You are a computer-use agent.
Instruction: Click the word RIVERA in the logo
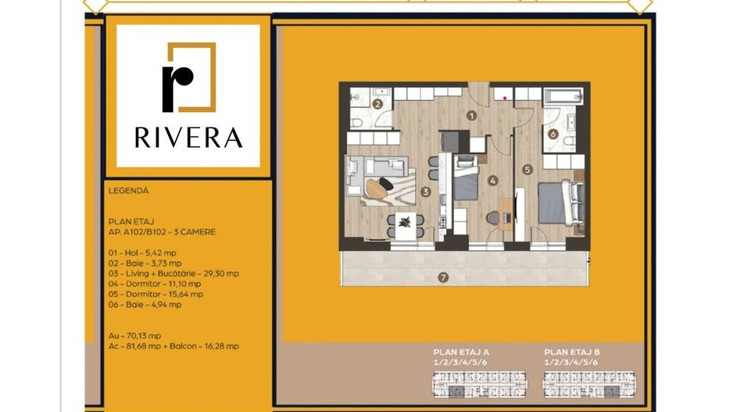[188, 138]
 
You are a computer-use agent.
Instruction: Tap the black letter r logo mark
[177, 84]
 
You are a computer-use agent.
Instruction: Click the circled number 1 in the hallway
[471, 115]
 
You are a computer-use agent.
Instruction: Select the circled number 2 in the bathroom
[377, 104]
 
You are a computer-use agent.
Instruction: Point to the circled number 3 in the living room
[425, 191]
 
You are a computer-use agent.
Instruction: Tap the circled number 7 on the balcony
[443, 276]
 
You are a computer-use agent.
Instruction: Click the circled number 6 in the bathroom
[553, 134]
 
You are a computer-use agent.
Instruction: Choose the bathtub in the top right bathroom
[563, 98]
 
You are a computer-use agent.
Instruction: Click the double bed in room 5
[561, 202]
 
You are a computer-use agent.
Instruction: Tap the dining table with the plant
[404, 223]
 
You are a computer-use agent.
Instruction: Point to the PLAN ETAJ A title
[461, 352]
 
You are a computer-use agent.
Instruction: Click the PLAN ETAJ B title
[571, 352]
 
